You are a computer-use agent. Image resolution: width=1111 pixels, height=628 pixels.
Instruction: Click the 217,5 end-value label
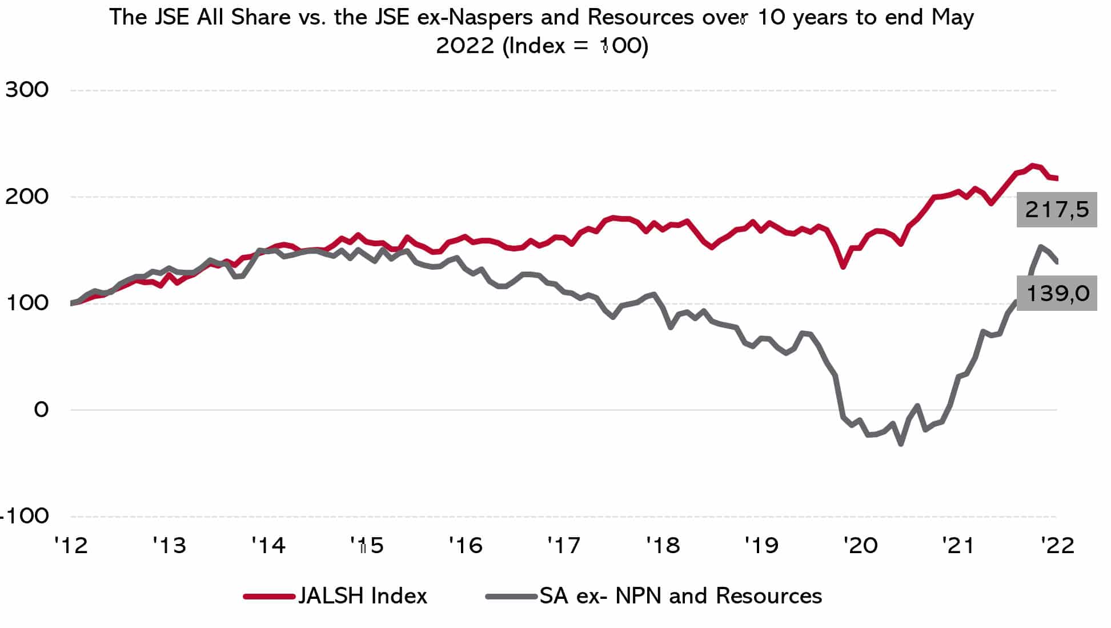(x=1056, y=210)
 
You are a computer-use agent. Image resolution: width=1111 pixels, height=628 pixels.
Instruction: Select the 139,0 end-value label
(x=1057, y=294)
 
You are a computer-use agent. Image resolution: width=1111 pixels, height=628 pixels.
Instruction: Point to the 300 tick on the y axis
(x=27, y=90)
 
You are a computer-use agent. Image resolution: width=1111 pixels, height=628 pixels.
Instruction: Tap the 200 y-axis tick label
(x=27, y=196)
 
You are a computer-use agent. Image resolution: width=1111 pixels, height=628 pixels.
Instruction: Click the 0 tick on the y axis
(x=41, y=409)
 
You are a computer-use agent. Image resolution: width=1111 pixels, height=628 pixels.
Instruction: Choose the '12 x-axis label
(x=71, y=546)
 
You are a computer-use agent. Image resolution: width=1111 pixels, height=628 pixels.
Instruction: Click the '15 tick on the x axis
(x=367, y=546)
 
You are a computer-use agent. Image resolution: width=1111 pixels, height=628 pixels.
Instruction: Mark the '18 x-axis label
(x=663, y=546)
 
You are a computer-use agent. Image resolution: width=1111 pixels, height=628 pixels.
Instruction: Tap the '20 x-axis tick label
(x=860, y=546)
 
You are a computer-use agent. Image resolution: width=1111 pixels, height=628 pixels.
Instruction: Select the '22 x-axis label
(x=1057, y=546)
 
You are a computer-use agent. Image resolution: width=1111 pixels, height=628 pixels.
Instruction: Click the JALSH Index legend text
(x=363, y=596)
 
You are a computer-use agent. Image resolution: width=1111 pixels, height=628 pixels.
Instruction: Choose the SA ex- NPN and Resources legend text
(x=680, y=596)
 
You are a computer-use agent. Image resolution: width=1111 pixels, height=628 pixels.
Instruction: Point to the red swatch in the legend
(x=269, y=597)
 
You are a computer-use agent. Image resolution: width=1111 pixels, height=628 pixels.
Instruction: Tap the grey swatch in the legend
(x=512, y=597)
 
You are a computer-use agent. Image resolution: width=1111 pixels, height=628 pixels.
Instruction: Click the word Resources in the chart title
(x=640, y=18)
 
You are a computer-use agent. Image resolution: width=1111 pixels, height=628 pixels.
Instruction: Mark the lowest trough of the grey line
(x=901, y=443)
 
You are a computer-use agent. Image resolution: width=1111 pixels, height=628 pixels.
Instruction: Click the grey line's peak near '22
(x=1040, y=247)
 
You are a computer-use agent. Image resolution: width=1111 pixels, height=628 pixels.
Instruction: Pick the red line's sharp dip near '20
(x=843, y=266)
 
